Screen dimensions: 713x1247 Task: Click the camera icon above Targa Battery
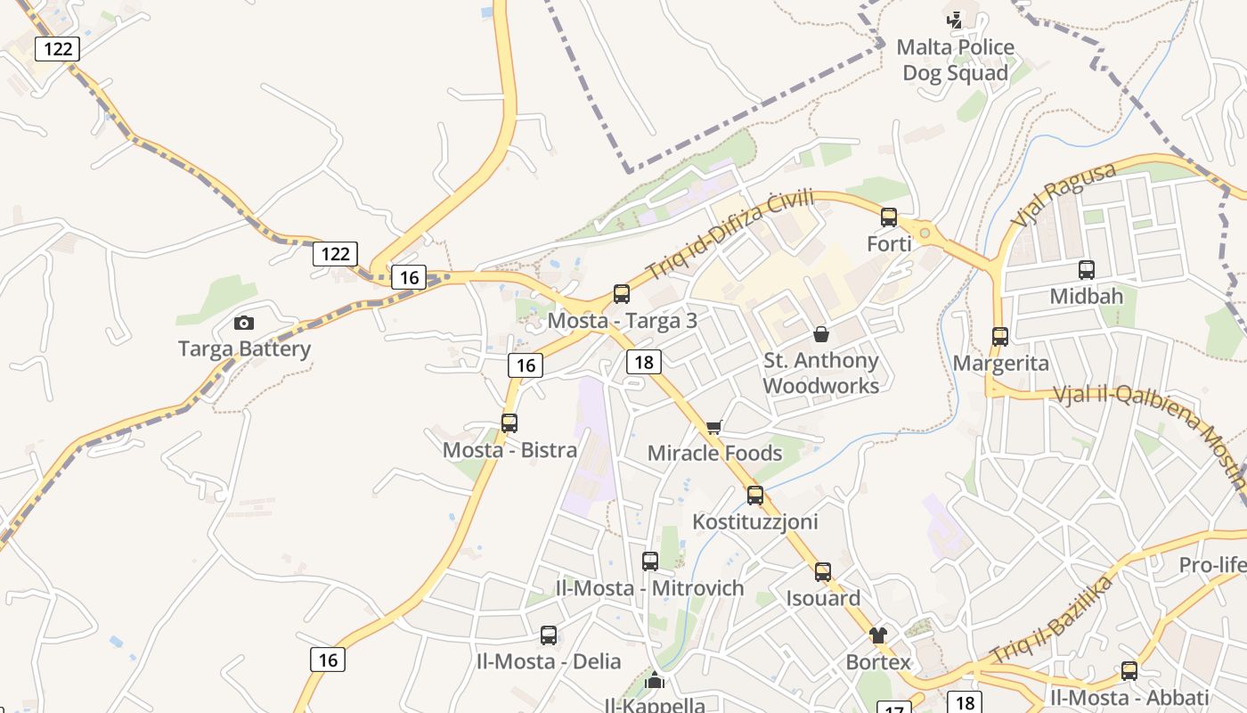pos(243,323)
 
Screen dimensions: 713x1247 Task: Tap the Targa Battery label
pos(244,348)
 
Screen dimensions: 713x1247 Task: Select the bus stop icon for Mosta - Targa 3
pos(622,294)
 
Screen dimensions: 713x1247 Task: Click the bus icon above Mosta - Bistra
pos(509,423)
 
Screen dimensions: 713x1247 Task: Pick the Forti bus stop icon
pos(889,217)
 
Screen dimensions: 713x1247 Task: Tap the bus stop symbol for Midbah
pos(1087,270)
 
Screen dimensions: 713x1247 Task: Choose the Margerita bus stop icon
pos(1000,337)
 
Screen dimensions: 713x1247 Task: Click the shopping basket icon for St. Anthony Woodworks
pos(821,334)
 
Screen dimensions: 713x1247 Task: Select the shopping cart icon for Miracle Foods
pos(713,428)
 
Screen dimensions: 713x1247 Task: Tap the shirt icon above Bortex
pos(878,635)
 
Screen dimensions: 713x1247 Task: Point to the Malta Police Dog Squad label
pos(955,60)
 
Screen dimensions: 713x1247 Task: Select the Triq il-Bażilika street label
pos(1053,619)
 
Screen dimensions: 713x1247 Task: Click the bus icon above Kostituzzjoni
pos(755,496)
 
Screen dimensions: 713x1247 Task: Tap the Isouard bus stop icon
pos(823,572)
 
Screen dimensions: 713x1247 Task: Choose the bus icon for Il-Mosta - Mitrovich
pos(650,561)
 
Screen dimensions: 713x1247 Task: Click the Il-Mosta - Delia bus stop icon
pos(549,635)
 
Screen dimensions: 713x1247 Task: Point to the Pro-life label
pos(1211,565)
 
